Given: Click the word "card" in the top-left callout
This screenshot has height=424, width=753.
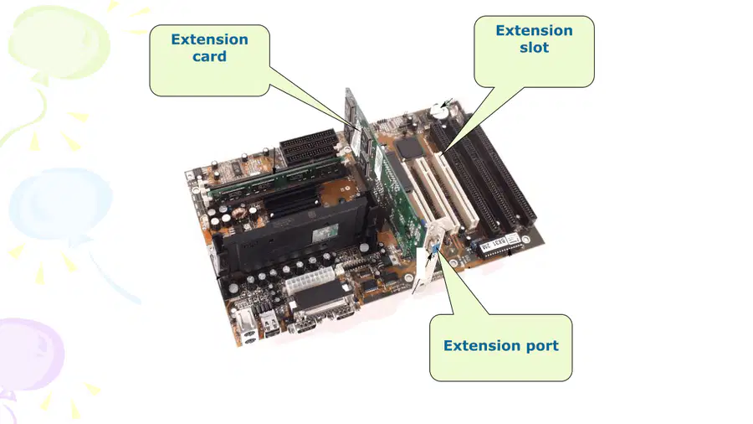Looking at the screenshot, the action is click(209, 56).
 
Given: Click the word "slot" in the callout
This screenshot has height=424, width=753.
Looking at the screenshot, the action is click(534, 47).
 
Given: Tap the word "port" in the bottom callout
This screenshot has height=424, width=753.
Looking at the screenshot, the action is click(542, 346).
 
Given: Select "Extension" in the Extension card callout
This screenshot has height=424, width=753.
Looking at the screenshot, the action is click(209, 39).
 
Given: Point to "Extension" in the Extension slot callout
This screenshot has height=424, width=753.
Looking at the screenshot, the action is click(534, 30).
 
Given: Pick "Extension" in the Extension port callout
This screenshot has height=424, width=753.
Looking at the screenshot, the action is click(482, 345).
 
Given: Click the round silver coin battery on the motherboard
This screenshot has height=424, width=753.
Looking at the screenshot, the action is click(439, 111).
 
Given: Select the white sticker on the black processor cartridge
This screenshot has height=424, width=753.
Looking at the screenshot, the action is click(326, 235).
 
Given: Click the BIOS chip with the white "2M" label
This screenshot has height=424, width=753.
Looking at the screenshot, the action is click(494, 244).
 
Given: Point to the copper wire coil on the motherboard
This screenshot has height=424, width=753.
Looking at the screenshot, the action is click(239, 213).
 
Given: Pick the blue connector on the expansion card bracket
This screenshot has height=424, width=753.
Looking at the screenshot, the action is click(433, 249).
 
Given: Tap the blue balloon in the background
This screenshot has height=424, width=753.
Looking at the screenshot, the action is click(60, 204).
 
